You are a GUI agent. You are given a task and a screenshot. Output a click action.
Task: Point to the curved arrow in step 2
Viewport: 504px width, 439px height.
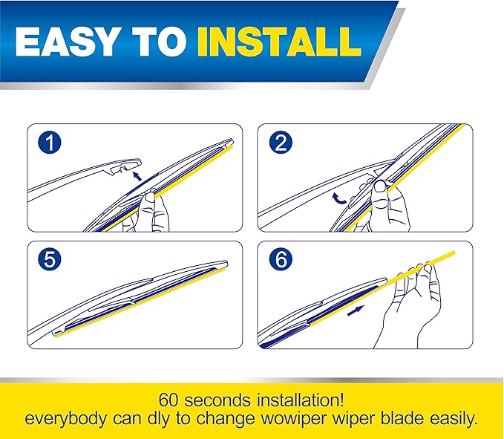point(337,197)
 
